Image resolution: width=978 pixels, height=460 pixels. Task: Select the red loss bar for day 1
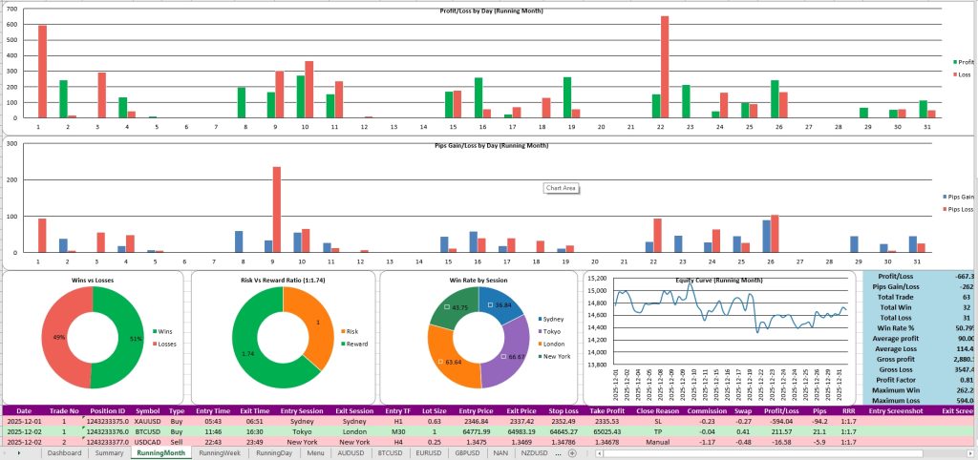(x=42, y=72)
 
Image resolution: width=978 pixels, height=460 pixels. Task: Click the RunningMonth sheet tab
(x=161, y=453)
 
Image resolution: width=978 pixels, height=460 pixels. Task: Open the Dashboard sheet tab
(x=64, y=453)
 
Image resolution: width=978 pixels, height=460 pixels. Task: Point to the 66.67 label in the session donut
(x=515, y=355)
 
